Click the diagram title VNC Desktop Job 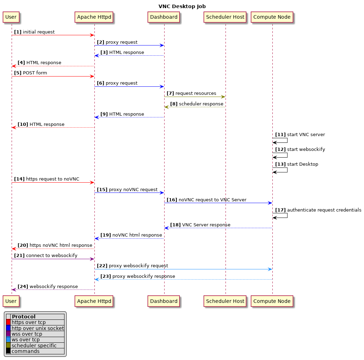182,6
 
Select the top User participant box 11,17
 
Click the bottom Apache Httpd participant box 94,301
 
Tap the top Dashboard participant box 164,17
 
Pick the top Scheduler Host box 225,17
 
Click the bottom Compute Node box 272,301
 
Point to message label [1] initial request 34,32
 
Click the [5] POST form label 30,73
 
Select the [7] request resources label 191,93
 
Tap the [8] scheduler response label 197,104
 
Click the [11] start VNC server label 300,135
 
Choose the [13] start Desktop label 296,164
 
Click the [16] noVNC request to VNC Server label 206,200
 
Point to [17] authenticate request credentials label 318,210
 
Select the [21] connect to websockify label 45,256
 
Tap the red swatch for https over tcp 8,322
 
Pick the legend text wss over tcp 27,334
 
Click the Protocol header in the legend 24,317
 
